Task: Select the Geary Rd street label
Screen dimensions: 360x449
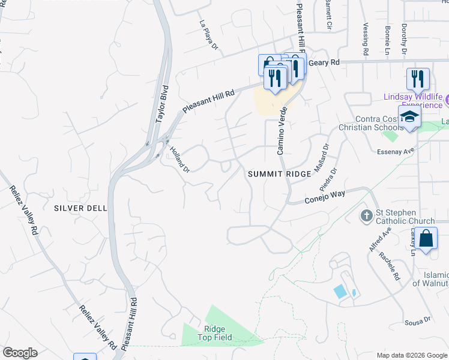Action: click(324, 62)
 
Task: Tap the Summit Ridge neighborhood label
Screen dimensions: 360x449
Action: click(280, 174)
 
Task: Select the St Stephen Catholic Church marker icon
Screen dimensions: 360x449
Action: click(366, 215)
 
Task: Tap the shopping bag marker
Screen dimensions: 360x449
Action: click(426, 238)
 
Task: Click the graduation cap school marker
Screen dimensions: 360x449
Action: click(409, 116)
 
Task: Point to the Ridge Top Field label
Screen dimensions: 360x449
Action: click(223, 334)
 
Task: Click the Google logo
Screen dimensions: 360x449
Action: click(20, 353)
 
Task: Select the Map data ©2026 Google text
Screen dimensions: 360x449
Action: click(411, 355)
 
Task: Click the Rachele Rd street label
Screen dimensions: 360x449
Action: click(389, 266)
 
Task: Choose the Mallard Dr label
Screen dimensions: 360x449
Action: click(322, 155)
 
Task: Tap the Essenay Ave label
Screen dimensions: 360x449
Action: click(400, 151)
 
